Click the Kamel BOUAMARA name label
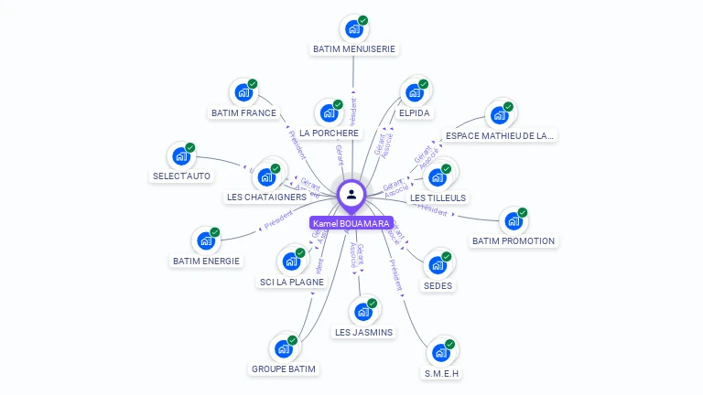(351, 223)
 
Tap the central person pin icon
(351, 194)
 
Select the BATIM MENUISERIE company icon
(353, 29)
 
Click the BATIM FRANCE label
(243, 113)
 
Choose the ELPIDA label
(415, 113)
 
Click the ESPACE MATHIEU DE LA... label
(499, 136)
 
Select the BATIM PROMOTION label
(514, 241)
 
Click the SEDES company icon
(438, 266)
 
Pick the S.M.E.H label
(441, 373)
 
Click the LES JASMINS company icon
(363, 312)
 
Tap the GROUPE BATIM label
(284, 369)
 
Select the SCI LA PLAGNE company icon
(292, 262)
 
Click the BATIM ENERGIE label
(206, 262)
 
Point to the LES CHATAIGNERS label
(265, 197)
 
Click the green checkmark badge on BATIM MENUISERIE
(362, 20)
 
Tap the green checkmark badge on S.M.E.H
(450, 344)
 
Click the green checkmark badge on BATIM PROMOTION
(523, 212)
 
